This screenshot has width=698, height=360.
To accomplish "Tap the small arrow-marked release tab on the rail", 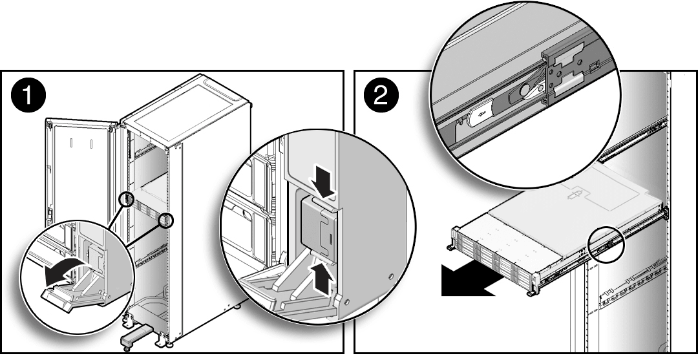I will pos(481,114).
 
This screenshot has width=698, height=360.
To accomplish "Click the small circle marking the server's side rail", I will pos(604,243).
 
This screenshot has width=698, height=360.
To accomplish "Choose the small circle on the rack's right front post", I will pos(167,219).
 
